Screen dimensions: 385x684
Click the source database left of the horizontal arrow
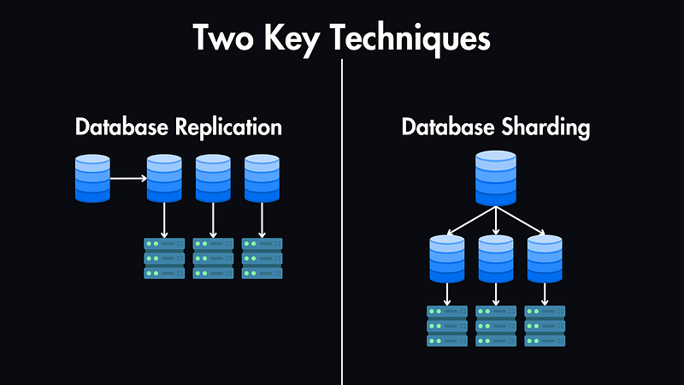92,178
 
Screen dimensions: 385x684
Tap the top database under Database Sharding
496,178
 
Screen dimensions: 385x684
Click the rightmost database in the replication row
262,178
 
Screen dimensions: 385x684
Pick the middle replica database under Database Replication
213,178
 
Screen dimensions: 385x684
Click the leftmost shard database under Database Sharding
447,258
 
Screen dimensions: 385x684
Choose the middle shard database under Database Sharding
496,258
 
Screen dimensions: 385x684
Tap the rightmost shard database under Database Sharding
545,258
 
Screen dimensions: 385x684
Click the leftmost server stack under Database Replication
164,258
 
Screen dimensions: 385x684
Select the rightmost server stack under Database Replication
262,258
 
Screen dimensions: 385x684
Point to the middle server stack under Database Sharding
496,326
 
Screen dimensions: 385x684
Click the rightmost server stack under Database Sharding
545,326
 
